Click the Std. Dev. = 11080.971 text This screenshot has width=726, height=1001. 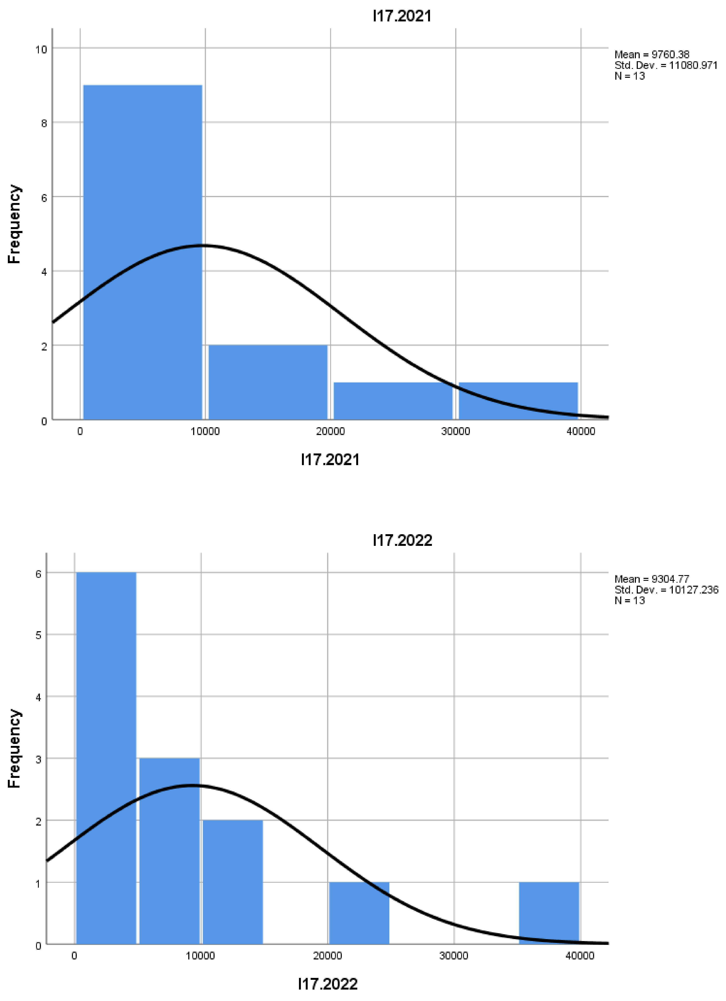click(666, 65)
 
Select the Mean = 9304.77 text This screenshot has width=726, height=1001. click(651, 579)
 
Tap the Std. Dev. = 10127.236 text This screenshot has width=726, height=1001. click(666, 590)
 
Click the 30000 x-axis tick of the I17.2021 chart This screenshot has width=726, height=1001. click(455, 431)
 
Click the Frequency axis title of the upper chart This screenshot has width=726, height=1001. click(14, 224)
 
